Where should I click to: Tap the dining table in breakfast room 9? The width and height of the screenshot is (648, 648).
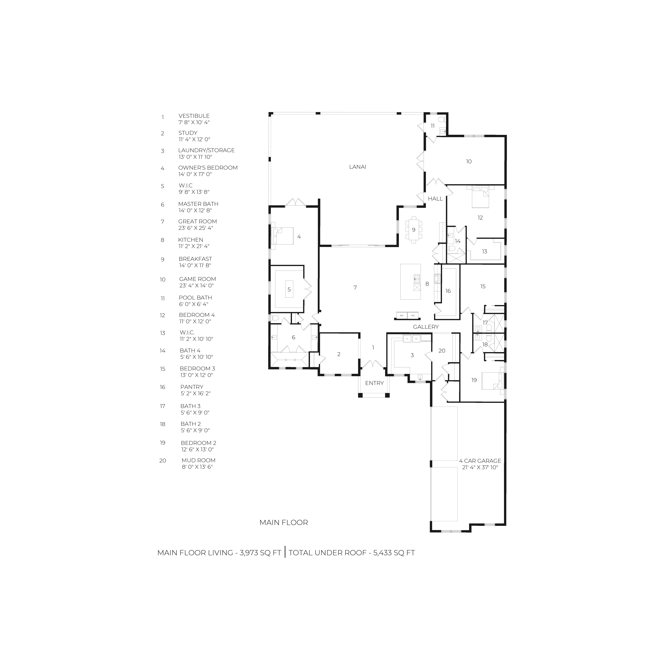414,230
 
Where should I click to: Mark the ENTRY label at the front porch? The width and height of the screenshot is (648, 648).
374,383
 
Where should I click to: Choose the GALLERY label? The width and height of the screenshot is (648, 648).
426,327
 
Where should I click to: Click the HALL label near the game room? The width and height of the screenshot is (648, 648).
435,199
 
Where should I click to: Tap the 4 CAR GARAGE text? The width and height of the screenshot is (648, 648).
480,461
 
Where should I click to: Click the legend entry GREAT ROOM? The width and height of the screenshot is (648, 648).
198,221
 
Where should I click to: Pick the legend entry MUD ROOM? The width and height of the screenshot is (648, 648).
199,461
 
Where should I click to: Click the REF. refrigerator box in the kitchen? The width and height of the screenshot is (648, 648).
402,315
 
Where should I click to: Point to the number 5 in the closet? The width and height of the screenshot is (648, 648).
289,289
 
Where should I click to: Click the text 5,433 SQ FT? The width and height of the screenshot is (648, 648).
394,553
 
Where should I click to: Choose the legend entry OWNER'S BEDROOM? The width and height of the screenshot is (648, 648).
208,168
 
